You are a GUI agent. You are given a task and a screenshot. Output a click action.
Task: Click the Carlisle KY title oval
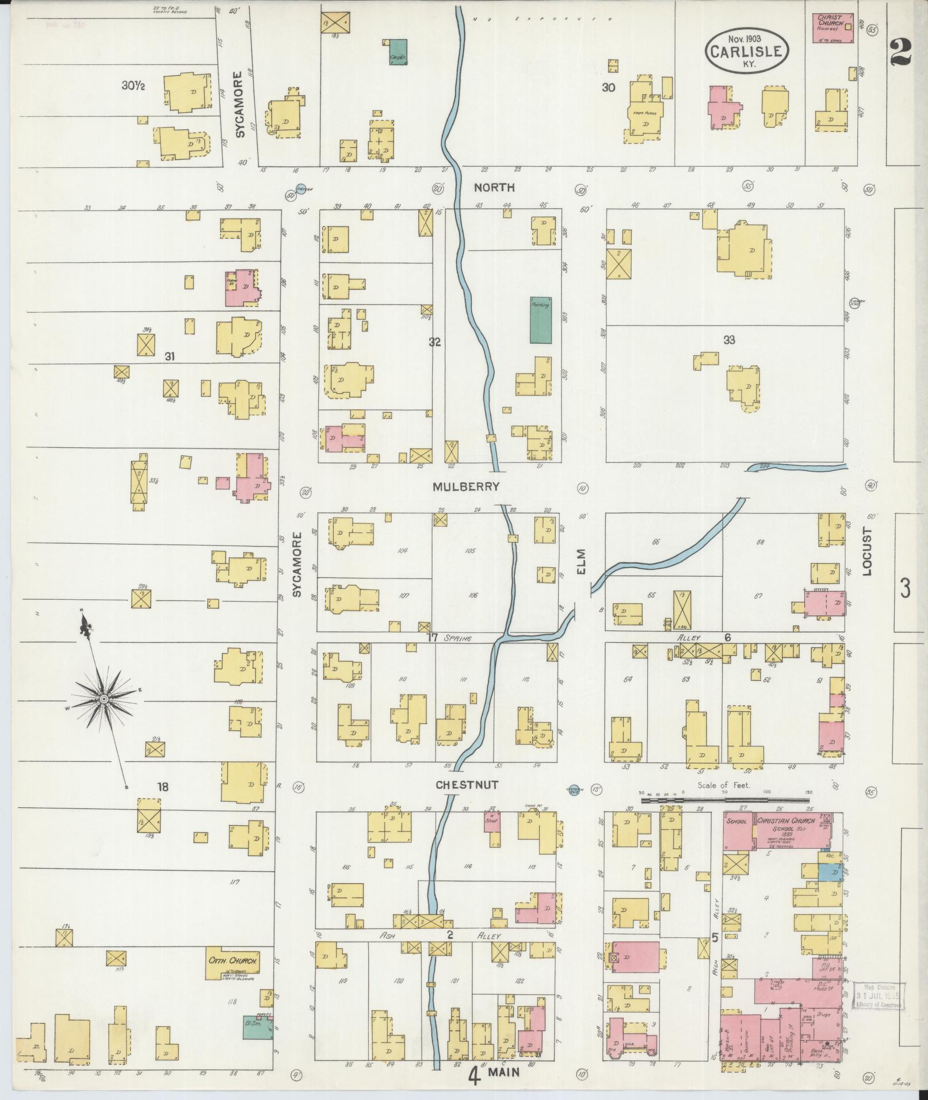pyautogui.click(x=746, y=51)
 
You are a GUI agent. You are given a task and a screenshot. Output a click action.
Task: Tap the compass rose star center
pyautogui.click(x=104, y=699)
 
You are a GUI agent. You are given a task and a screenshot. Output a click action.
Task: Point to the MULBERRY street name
pyautogui.click(x=466, y=486)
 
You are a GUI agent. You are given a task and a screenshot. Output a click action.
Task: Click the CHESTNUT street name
pyautogui.click(x=466, y=785)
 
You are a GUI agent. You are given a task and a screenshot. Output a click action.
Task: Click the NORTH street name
pyautogui.click(x=494, y=187)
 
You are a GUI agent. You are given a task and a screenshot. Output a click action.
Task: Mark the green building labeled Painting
pyautogui.click(x=540, y=320)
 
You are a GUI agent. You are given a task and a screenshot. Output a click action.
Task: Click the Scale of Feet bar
pyautogui.click(x=725, y=800)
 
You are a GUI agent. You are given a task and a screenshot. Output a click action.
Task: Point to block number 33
pyautogui.click(x=729, y=340)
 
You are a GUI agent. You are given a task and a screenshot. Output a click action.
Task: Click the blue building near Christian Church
pyautogui.click(x=829, y=874)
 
